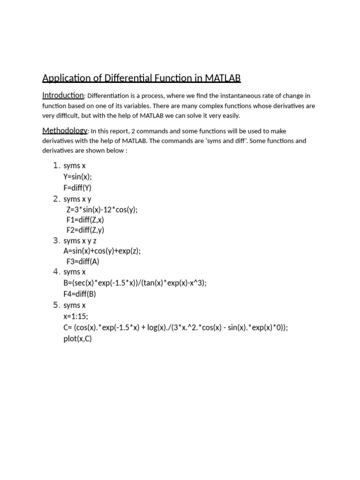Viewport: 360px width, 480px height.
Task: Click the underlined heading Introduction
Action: point(63,95)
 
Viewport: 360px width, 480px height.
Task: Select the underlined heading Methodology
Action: point(65,130)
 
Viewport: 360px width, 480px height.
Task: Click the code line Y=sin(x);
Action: point(78,177)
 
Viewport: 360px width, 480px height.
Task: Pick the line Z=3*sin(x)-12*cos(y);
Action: point(102,210)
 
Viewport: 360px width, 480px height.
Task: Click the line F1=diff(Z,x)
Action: point(85,220)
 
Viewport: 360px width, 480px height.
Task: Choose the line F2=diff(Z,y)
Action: point(85,230)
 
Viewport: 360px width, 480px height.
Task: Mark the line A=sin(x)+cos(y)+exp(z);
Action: point(102,251)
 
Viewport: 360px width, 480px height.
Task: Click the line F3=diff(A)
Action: point(83,262)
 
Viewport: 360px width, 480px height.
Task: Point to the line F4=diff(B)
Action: point(80,294)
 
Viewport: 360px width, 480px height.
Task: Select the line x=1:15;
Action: point(75,316)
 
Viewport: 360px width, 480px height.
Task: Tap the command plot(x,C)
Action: point(78,338)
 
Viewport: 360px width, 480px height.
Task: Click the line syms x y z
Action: point(80,241)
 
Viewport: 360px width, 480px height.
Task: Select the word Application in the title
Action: point(63,78)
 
